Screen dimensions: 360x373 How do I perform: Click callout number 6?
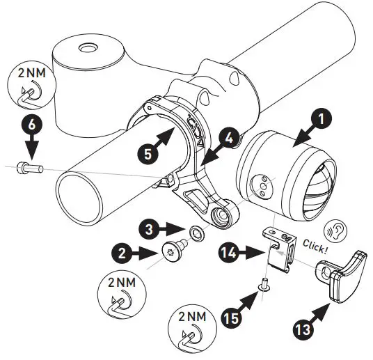tap(29, 126)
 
